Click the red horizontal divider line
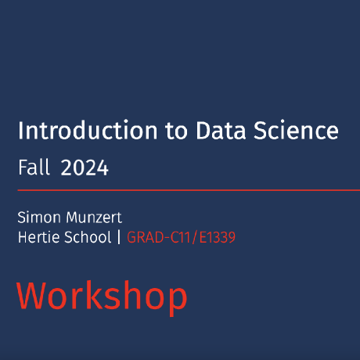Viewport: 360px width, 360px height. tap(180, 189)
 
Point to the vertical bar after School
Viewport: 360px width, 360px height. tap(119, 236)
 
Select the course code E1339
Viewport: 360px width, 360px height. tap(215, 236)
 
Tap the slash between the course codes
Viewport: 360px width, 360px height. tap(192, 236)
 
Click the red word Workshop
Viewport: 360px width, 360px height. tap(103, 297)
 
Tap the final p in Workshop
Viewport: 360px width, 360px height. tap(178, 300)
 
